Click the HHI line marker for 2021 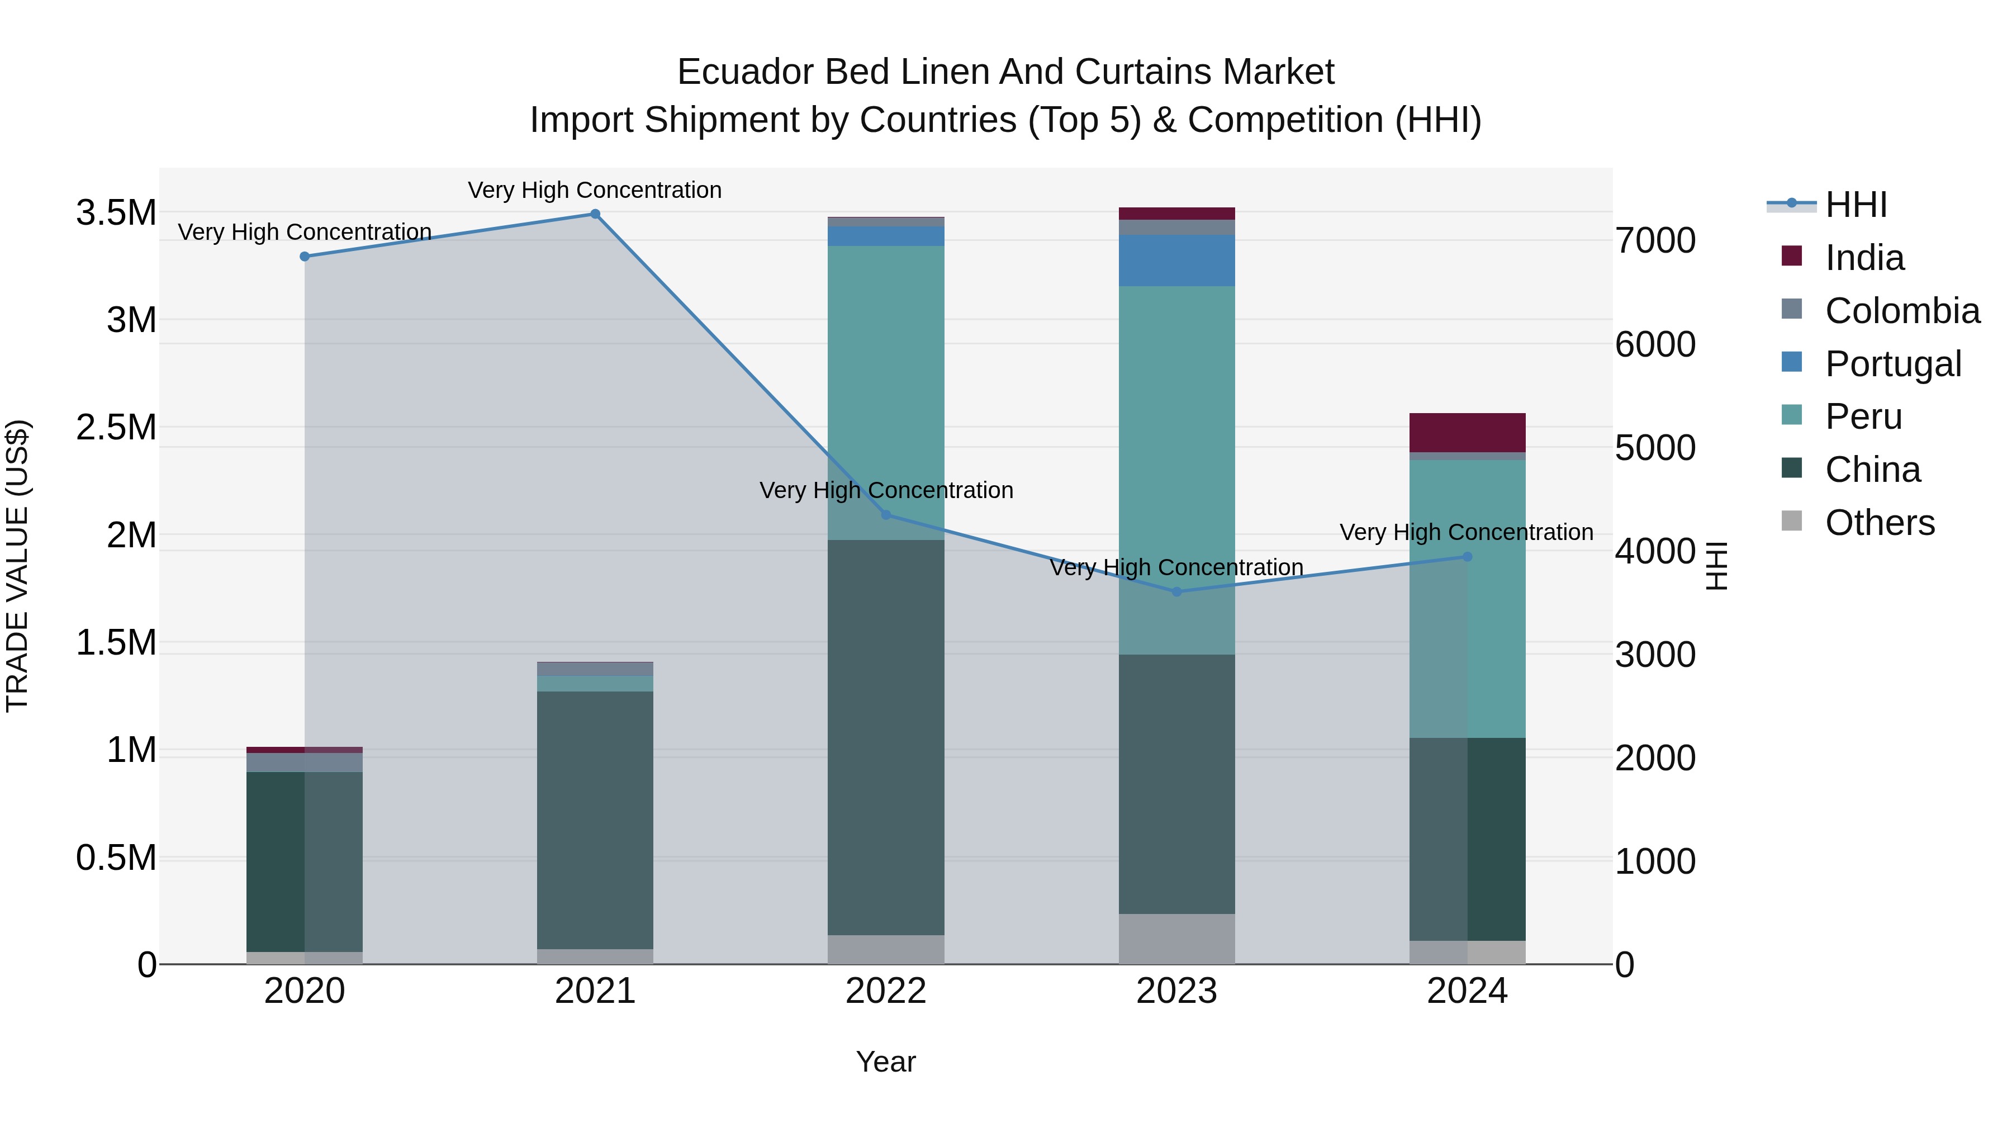tap(595, 214)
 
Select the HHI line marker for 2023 tap(1177, 591)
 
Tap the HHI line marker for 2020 tap(305, 256)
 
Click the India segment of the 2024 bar tap(1467, 432)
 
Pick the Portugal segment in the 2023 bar tap(1177, 260)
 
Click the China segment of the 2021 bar tap(595, 820)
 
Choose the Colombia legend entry tap(1902, 311)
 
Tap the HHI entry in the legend tap(1855, 205)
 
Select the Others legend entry tap(1879, 523)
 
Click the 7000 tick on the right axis tap(1655, 240)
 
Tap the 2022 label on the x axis tap(886, 991)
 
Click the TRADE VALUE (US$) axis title tap(17, 566)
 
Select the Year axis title tap(886, 1062)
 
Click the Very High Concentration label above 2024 tap(1466, 532)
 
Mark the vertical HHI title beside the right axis tap(1716, 566)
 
